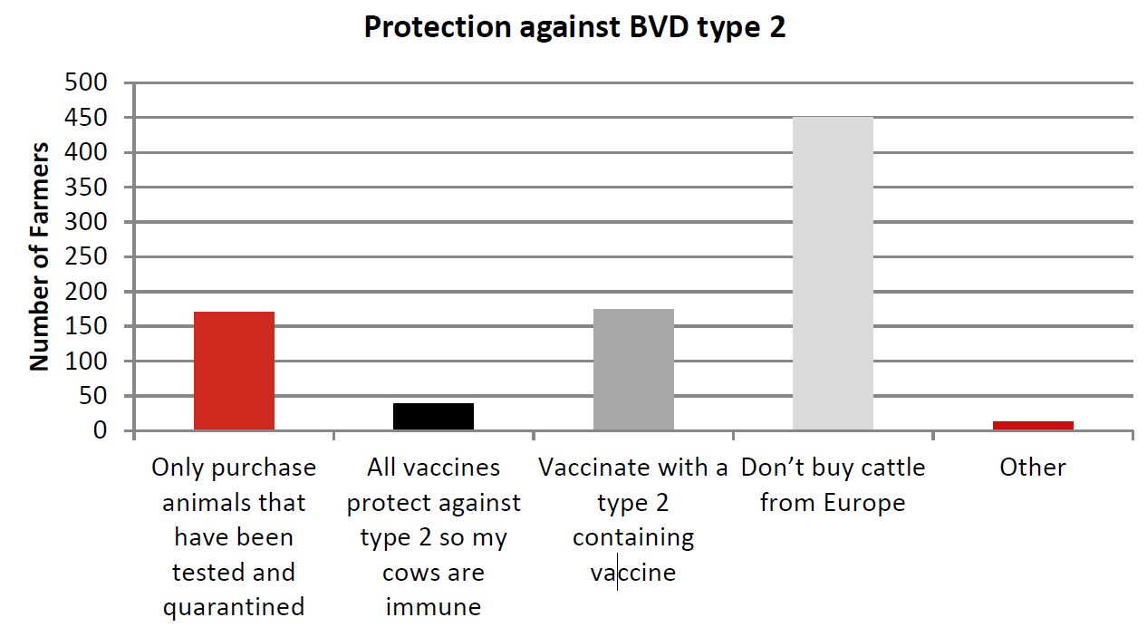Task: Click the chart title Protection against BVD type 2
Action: coord(574,27)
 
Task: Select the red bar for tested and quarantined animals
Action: coord(234,371)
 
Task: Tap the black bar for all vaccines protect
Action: coord(433,417)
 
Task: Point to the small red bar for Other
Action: coord(1033,426)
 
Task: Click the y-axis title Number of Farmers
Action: coord(39,256)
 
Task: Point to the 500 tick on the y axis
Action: coord(88,83)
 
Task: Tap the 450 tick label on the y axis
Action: coord(88,118)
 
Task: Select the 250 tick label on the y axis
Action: coord(88,257)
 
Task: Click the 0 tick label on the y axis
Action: coord(101,431)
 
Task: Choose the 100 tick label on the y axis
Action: coord(88,362)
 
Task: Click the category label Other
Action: coord(1033,468)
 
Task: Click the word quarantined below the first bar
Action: coord(234,607)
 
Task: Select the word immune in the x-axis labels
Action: coord(433,607)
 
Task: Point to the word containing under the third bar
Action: coord(633,537)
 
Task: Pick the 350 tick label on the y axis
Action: coord(88,188)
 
